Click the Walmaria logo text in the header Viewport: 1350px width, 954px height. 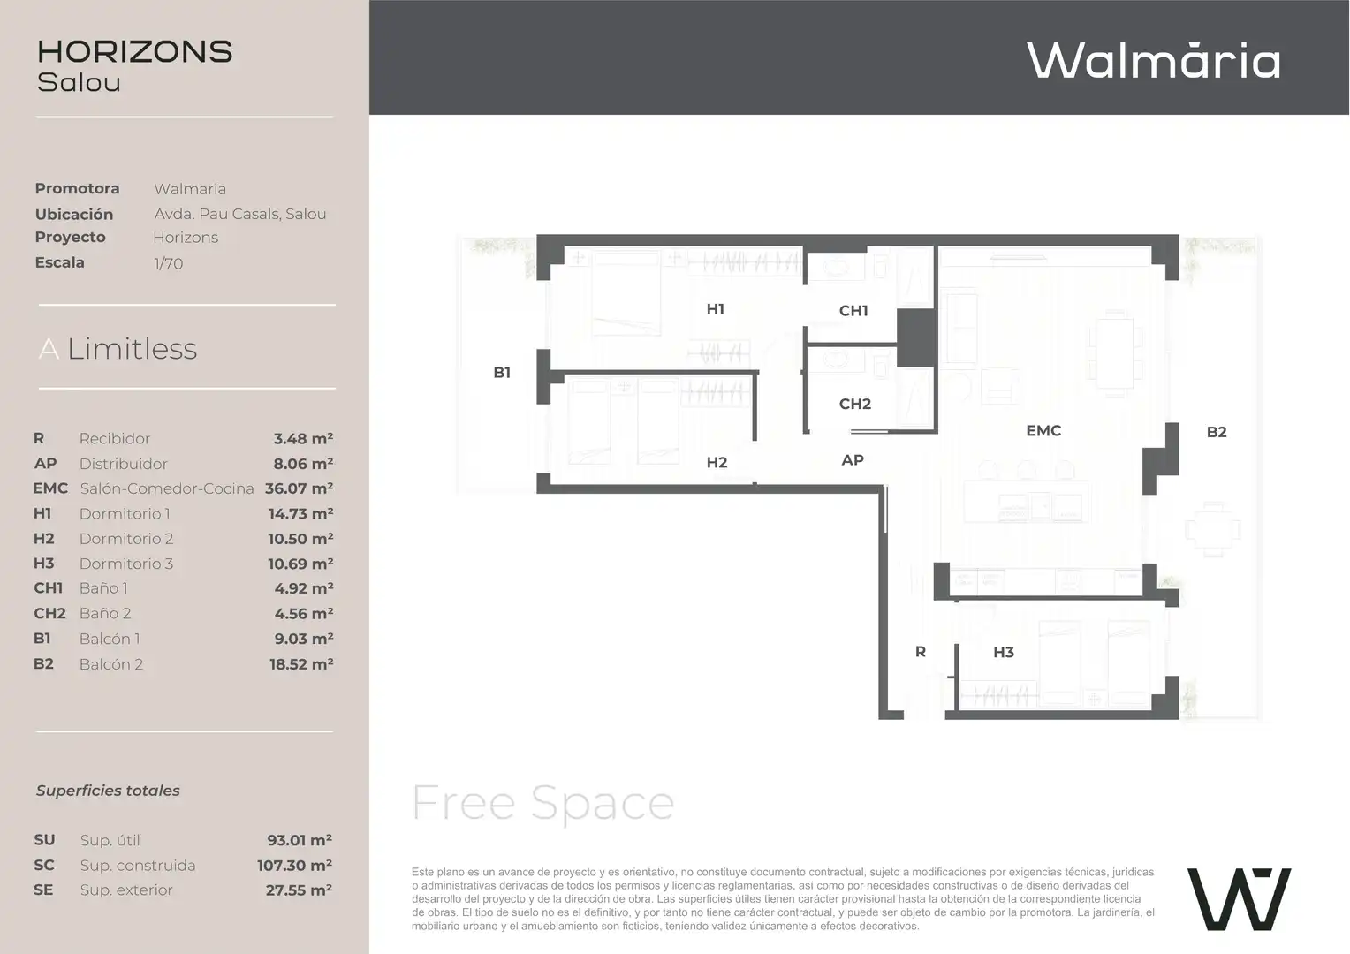coord(1154,60)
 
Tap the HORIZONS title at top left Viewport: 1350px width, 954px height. coord(135,52)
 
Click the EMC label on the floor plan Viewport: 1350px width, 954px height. coord(1043,430)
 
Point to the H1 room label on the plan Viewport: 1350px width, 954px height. coord(716,309)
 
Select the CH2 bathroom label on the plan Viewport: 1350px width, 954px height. coord(854,404)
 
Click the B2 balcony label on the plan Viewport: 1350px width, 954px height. coord(1217,432)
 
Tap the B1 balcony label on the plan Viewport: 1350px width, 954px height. coord(502,373)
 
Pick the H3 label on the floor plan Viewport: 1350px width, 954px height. coord(1004,652)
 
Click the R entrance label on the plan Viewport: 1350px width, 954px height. coord(921,652)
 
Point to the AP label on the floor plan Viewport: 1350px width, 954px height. coord(853,460)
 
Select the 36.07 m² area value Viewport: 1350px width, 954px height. coord(299,488)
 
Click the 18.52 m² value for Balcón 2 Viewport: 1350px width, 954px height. coord(301,664)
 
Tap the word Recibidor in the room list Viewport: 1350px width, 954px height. coord(115,439)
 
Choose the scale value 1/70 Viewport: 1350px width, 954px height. coord(168,263)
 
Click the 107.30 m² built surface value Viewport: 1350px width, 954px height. coord(295,866)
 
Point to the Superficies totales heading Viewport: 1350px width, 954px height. coord(108,791)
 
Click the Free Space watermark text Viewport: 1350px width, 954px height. coord(542,804)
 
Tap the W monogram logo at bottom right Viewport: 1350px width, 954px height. coord(1239,899)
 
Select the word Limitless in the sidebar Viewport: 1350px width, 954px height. coord(132,349)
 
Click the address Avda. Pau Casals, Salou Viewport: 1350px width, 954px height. coord(239,214)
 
